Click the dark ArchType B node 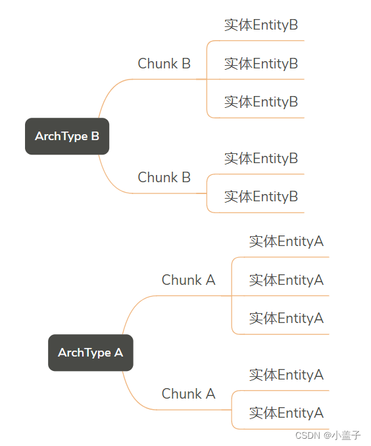point(66,136)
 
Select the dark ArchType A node point(90,353)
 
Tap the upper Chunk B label point(164,64)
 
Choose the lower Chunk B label point(164,178)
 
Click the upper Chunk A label point(188,280)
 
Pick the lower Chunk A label point(188,394)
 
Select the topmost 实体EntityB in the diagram point(261,26)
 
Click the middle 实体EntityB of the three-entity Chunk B point(261,64)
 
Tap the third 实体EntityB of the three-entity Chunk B point(261,102)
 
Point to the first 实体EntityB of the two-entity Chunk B point(261,159)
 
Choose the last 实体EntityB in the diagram point(261,197)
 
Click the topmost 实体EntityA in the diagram point(286,241)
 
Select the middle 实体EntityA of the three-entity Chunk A point(286,280)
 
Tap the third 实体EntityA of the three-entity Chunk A point(286,318)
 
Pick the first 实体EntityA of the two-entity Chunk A point(286,375)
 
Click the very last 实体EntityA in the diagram point(286,413)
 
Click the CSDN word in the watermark point(307,435)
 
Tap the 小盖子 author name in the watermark point(346,435)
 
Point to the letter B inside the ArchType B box point(95,136)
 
